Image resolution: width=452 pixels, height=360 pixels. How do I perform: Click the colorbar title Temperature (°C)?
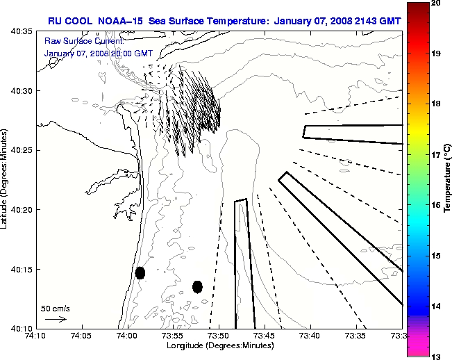coord(447,179)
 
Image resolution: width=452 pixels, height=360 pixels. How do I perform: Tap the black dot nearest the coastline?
coord(140,272)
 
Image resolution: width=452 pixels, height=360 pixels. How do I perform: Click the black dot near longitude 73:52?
coord(197,286)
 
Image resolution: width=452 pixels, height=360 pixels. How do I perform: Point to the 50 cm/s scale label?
coord(55,308)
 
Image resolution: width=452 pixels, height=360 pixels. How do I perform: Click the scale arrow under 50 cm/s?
coord(56,319)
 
